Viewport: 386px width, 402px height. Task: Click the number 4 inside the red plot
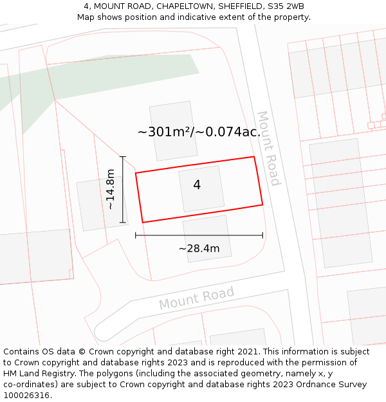tap(197, 185)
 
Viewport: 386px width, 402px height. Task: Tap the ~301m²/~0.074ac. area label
tap(199, 132)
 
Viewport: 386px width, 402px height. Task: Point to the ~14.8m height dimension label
tap(111, 189)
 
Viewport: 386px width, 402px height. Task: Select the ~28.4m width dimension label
tap(199, 248)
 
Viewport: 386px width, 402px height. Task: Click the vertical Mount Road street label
tap(269, 148)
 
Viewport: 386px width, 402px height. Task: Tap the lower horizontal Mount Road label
tap(196, 298)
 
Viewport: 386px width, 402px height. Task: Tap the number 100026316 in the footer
tap(27, 396)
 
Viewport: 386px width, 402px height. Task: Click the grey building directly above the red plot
tap(173, 131)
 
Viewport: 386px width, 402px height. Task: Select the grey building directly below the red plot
tap(207, 238)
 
